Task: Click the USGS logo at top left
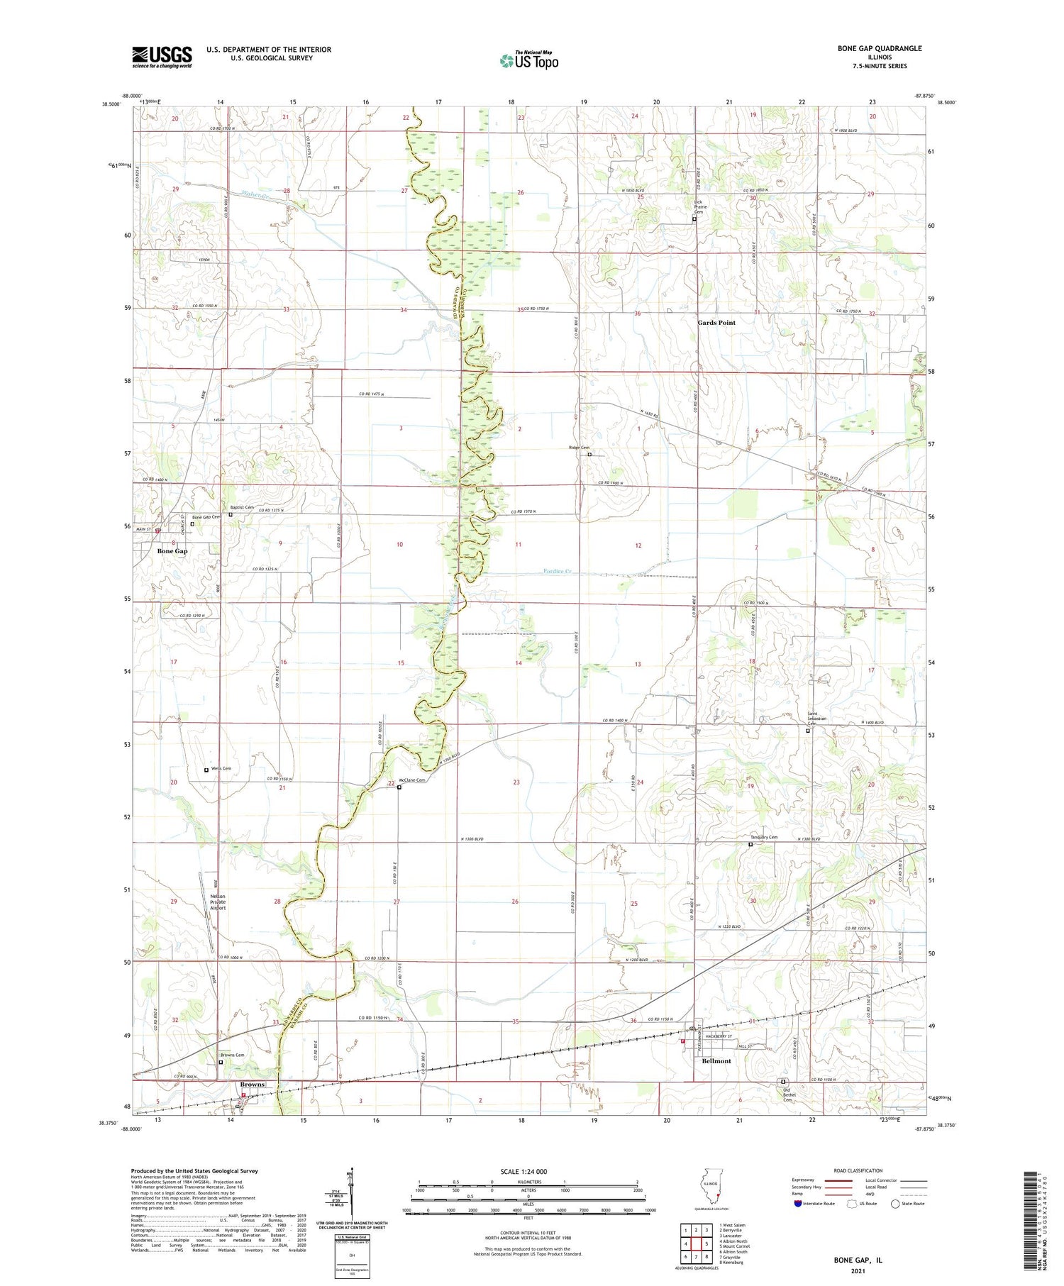162,57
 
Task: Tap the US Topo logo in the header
528,60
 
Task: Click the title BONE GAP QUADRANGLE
879,48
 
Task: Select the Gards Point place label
716,323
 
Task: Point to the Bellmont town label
716,1061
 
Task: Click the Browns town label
252,1085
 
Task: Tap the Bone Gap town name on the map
172,551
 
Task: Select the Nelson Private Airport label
218,902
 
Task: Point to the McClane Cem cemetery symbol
399,787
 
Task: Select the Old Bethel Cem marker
784,1082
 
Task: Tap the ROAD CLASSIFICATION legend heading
858,1170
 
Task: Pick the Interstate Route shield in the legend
798,1204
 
